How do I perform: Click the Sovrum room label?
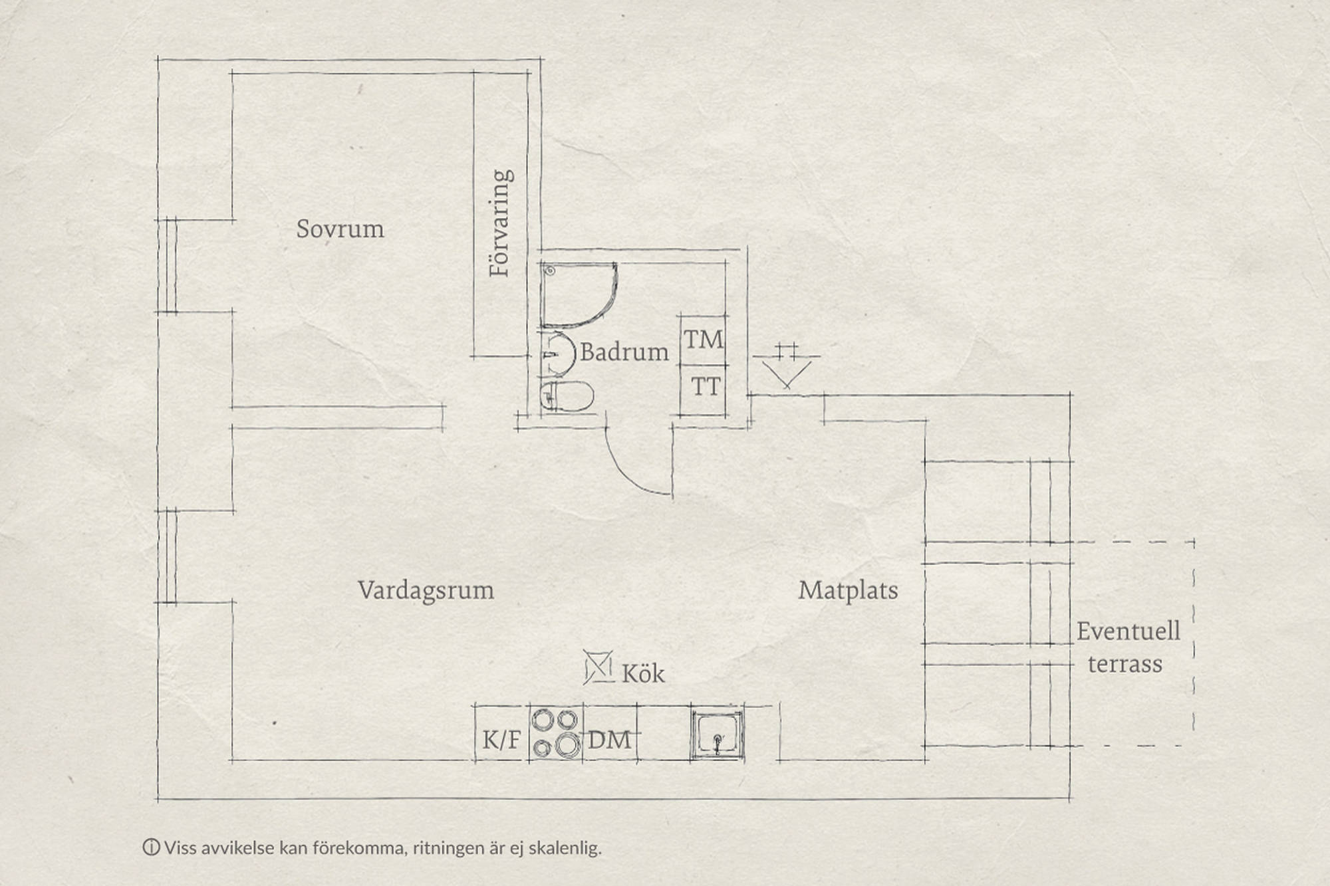(x=340, y=229)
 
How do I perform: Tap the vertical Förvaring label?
(x=501, y=223)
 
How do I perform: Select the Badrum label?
(x=624, y=352)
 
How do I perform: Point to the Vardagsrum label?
(x=426, y=590)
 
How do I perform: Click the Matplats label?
(x=848, y=590)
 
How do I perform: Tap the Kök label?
(x=643, y=673)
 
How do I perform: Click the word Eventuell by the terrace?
(x=1129, y=631)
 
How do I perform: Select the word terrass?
(x=1125, y=664)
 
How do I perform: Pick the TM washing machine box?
(x=703, y=340)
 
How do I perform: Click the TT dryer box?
(x=703, y=389)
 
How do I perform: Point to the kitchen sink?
(x=717, y=734)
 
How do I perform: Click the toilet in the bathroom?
(x=566, y=397)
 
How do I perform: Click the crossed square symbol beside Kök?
(x=598, y=667)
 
